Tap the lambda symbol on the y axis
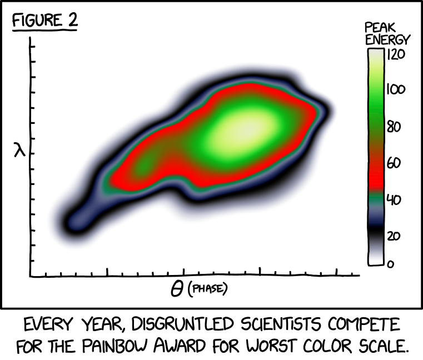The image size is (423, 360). point(20,149)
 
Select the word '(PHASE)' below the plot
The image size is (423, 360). point(208,289)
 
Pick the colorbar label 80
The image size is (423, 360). point(394,127)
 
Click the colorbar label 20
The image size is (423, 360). point(394,236)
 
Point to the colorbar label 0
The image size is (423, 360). point(390,264)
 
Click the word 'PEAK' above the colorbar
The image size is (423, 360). point(379,27)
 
